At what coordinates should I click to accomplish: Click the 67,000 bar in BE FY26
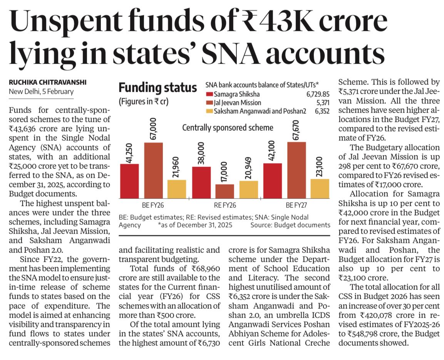pos(153,170)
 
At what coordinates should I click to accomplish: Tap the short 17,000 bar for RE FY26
pos(225,191)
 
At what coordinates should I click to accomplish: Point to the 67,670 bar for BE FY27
pos(297,170)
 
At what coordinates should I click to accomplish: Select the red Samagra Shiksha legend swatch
pos(209,94)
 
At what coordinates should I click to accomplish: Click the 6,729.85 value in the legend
pos(318,94)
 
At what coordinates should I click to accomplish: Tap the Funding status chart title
pos(157,88)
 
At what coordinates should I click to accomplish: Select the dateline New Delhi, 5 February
pos(41,92)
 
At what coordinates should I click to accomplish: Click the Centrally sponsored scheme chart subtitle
pos(227,127)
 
